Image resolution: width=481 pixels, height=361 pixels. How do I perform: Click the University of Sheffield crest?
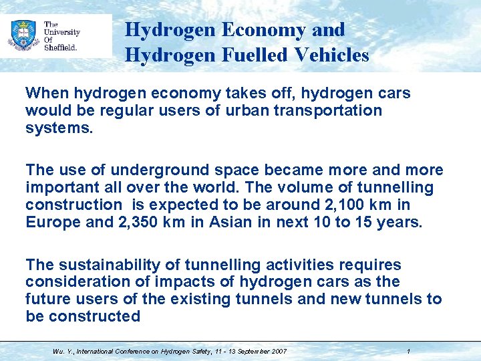(23, 35)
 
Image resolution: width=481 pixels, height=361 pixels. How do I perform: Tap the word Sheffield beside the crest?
(61, 47)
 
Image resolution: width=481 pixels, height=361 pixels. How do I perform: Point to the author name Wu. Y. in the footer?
(63, 351)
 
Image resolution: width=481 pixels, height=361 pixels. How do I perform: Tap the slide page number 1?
(408, 351)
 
